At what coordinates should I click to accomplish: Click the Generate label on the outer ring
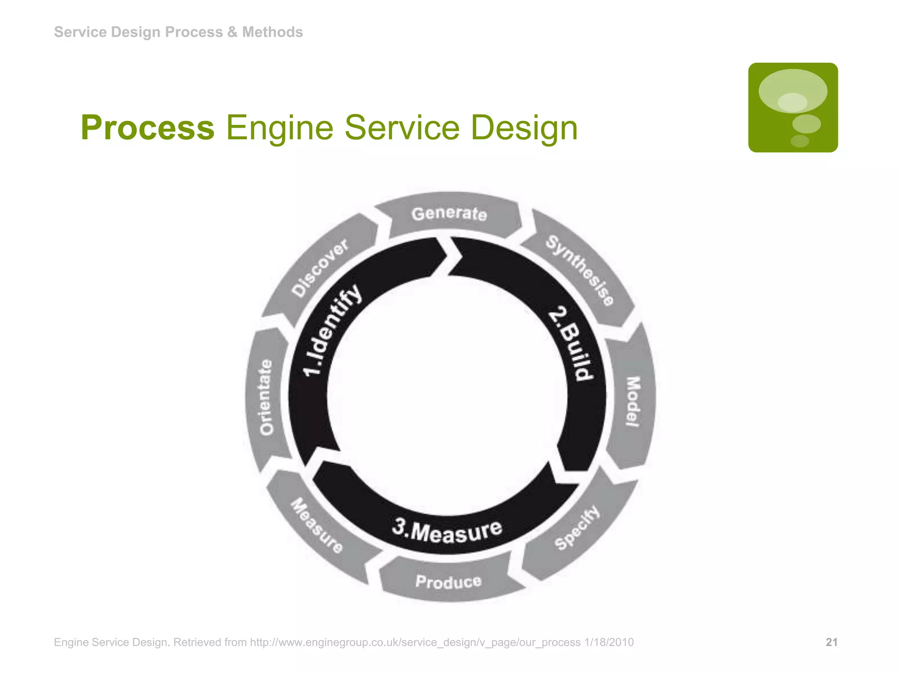[x=449, y=213]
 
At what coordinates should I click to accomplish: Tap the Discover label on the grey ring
[x=321, y=268]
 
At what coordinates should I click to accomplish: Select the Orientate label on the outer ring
[x=266, y=397]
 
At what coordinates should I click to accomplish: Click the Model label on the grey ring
[x=632, y=401]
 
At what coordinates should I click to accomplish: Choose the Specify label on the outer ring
[x=577, y=527]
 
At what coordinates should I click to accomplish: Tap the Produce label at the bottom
[x=449, y=581]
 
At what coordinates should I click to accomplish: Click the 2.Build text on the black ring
[x=571, y=344]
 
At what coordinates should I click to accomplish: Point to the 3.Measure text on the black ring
[x=447, y=531]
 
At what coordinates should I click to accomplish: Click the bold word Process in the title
[x=148, y=128]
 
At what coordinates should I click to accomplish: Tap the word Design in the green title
[x=524, y=128]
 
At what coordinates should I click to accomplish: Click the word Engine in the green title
[x=279, y=128]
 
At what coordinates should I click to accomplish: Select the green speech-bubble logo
[x=793, y=107]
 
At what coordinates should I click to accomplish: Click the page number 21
[x=831, y=642]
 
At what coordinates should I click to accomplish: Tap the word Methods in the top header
[x=272, y=32]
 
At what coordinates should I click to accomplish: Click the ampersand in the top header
[x=232, y=32]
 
